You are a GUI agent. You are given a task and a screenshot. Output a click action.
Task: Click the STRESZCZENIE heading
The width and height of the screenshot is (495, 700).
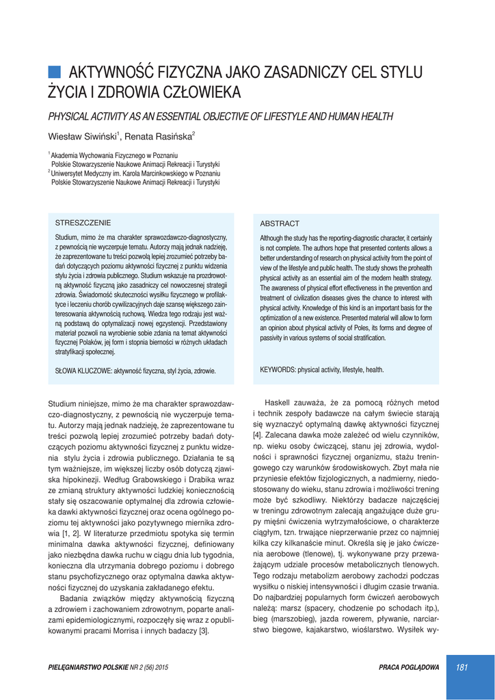click(x=82, y=223)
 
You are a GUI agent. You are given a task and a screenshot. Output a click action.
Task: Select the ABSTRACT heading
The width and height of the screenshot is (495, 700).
click(x=280, y=224)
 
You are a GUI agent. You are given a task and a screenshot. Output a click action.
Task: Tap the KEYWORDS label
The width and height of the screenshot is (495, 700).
click(x=278, y=370)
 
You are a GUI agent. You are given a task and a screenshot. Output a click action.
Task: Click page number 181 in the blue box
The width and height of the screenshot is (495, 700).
click(x=461, y=668)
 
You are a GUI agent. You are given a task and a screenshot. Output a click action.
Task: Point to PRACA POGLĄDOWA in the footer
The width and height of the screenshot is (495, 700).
click(x=409, y=668)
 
